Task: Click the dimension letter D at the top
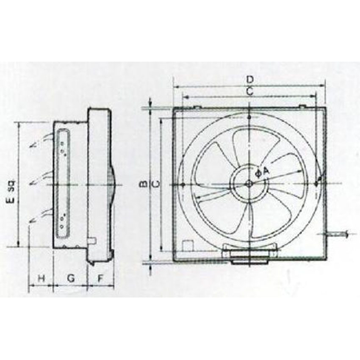pyautogui.click(x=250, y=79)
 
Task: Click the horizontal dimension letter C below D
pyautogui.click(x=250, y=90)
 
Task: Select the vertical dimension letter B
pyautogui.click(x=144, y=184)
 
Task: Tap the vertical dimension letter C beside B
pyautogui.click(x=155, y=184)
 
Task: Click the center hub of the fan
pyautogui.click(x=249, y=183)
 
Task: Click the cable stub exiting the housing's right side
pyautogui.click(x=338, y=233)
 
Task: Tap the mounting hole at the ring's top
pyautogui.click(x=249, y=116)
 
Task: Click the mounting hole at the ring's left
pyautogui.click(x=182, y=185)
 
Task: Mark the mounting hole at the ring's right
pyautogui.click(x=317, y=183)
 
